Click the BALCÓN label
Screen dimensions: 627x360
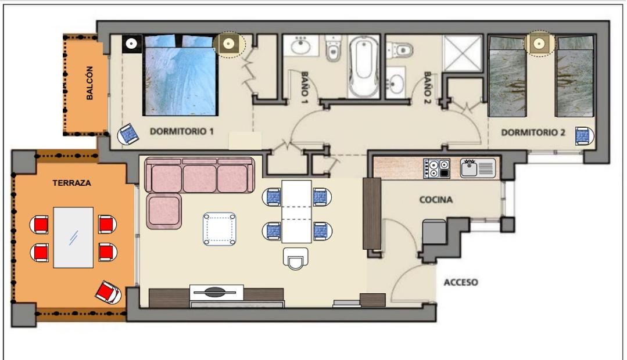[89, 83]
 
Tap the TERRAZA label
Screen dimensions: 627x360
[72, 183]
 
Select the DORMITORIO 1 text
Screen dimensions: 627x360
[181, 131]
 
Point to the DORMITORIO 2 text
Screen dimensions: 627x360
[533, 132]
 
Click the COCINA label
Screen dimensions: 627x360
[436, 199]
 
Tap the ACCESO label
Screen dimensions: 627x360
[461, 283]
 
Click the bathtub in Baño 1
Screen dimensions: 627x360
[364, 66]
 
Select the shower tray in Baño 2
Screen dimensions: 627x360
[463, 53]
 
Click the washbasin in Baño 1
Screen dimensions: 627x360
[300, 46]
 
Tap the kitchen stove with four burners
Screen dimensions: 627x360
[436, 168]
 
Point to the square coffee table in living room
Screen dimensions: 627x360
[219, 229]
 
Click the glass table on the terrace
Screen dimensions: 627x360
[73, 237]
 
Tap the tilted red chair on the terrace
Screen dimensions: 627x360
[108, 292]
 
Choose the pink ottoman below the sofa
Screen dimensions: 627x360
[164, 211]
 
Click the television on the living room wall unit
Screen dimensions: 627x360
[216, 293]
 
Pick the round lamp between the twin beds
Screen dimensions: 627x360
[539, 43]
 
